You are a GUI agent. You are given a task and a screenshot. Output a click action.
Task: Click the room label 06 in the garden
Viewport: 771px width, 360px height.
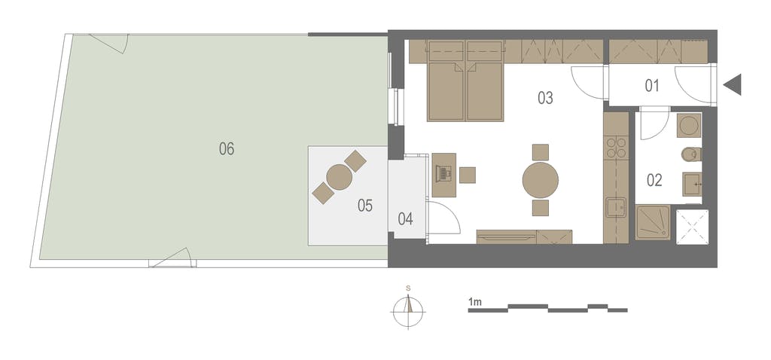point(227,148)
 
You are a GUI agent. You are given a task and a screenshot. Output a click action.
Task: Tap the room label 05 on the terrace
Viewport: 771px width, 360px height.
point(365,206)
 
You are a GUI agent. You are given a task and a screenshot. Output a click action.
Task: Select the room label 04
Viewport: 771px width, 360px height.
point(405,219)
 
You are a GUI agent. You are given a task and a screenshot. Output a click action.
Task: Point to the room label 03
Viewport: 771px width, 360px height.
point(545,98)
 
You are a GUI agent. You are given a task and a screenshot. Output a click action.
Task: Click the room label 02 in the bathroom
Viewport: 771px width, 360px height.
point(654,181)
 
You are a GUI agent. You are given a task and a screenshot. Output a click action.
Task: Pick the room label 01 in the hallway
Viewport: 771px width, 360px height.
point(651,86)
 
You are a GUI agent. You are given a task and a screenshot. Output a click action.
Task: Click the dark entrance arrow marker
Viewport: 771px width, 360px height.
point(732,84)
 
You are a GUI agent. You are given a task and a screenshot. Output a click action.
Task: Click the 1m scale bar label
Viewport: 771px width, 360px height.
point(475,302)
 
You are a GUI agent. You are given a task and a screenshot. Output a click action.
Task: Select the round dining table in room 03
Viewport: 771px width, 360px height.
point(541,181)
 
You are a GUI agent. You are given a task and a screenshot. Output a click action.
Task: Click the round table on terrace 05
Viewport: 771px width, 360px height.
point(340,177)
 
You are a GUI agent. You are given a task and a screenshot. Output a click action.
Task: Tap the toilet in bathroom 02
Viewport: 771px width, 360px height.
point(691,154)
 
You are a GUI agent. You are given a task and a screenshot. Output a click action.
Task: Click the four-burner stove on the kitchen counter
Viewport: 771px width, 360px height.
point(617,147)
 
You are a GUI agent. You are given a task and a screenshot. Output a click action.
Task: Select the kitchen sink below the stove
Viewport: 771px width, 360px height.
point(616,207)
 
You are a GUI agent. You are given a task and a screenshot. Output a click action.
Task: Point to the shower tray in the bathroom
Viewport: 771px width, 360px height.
point(653,223)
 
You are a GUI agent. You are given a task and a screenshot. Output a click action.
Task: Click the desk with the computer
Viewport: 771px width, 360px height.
point(444,175)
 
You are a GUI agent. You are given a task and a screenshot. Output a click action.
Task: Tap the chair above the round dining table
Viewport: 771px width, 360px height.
point(541,152)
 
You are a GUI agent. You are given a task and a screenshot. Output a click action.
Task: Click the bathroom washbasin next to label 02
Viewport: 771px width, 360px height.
point(693,185)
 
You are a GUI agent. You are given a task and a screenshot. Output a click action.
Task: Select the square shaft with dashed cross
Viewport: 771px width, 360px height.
point(693,227)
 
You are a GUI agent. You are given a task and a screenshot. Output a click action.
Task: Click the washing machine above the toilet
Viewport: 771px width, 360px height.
point(690,126)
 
